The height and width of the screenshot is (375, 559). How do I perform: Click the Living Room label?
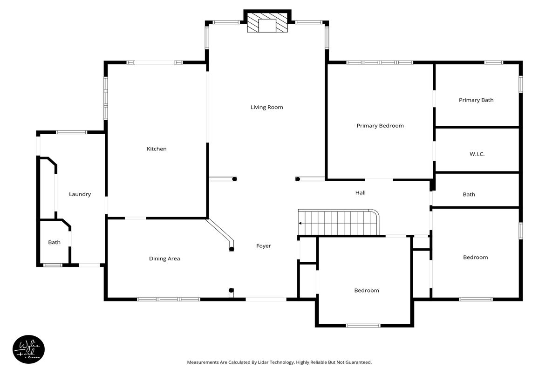pyautogui.click(x=267, y=107)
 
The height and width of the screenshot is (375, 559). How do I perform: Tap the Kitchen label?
pyautogui.click(x=157, y=149)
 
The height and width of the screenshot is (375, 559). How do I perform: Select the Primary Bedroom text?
pyautogui.click(x=380, y=126)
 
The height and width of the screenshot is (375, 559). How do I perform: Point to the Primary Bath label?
pyautogui.click(x=476, y=100)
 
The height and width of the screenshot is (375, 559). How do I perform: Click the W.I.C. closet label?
pyautogui.click(x=477, y=154)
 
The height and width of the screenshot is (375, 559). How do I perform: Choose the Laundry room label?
pyautogui.click(x=80, y=194)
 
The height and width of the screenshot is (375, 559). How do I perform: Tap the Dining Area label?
pyautogui.click(x=164, y=259)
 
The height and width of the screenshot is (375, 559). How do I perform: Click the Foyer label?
pyautogui.click(x=264, y=246)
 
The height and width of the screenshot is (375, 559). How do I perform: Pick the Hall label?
pyautogui.click(x=361, y=193)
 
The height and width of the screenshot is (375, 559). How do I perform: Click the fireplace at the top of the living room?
pyautogui.click(x=267, y=22)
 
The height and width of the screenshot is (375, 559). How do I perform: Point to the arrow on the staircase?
pyautogui.click(x=300, y=223)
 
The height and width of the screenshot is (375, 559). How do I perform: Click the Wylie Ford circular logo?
pyautogui.click(x=29, y=349)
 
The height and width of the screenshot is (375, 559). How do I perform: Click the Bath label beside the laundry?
pyautogui.click(x=54, y=243)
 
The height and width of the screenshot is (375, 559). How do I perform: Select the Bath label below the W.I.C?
pyautogui.click(x=469, y=195)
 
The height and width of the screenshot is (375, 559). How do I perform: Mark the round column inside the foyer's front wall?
pyautogui.click(x=231, y=290)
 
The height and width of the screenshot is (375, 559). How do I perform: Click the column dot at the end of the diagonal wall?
pyautogui.click(x=232, y=249)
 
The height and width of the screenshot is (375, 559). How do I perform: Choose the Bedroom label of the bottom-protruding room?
pyautogui.click(x=367, y=290)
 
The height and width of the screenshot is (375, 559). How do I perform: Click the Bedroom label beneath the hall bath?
pyautogui.click(x=476, y=258)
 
